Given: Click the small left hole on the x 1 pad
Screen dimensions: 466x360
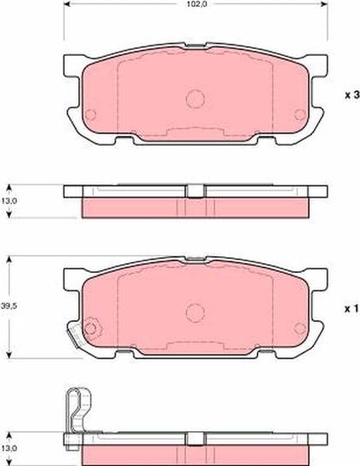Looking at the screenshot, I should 90,327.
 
